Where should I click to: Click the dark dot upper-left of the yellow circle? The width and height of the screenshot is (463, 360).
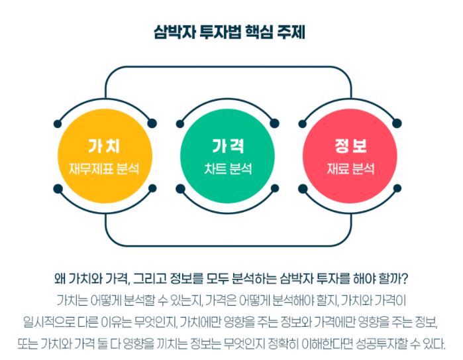pyautogui.click(x=58, y=123)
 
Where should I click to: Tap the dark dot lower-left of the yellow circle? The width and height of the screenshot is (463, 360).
pyautogui.click(x=58, y=190)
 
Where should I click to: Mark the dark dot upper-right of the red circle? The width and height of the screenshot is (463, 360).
pyautogui.click(x=397, y=123)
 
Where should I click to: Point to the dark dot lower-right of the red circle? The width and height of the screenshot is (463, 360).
pyautogui.click(x=397, y=190)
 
